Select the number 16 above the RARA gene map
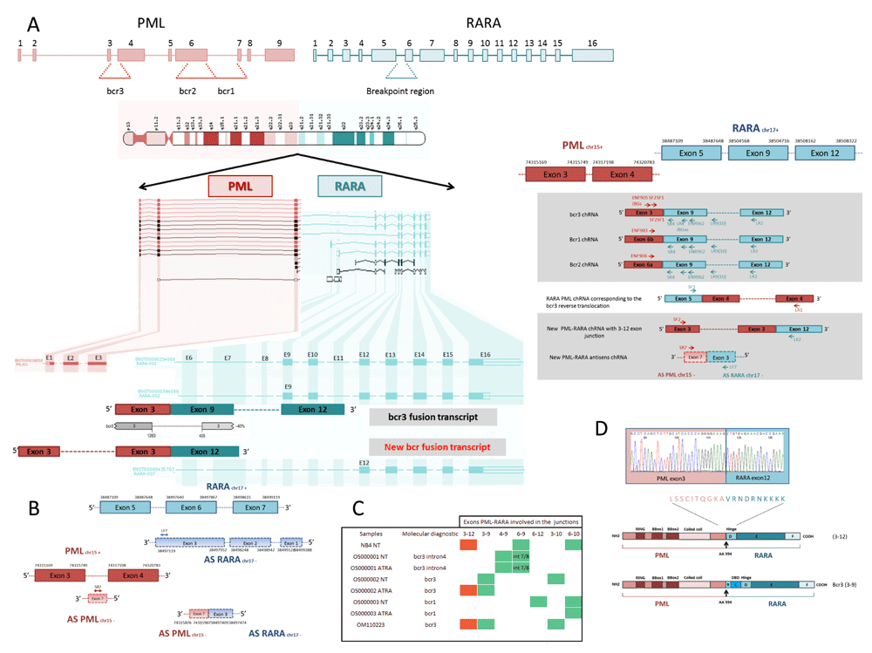click(x=592, y=42)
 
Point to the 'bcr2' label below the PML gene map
click(x=187, y=91)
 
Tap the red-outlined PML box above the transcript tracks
click(x=240, y=186)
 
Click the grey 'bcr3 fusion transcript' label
click(x=433, y=417)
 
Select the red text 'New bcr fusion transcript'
click(x=433, y=446)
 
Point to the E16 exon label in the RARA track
click(x=485, y=355)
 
